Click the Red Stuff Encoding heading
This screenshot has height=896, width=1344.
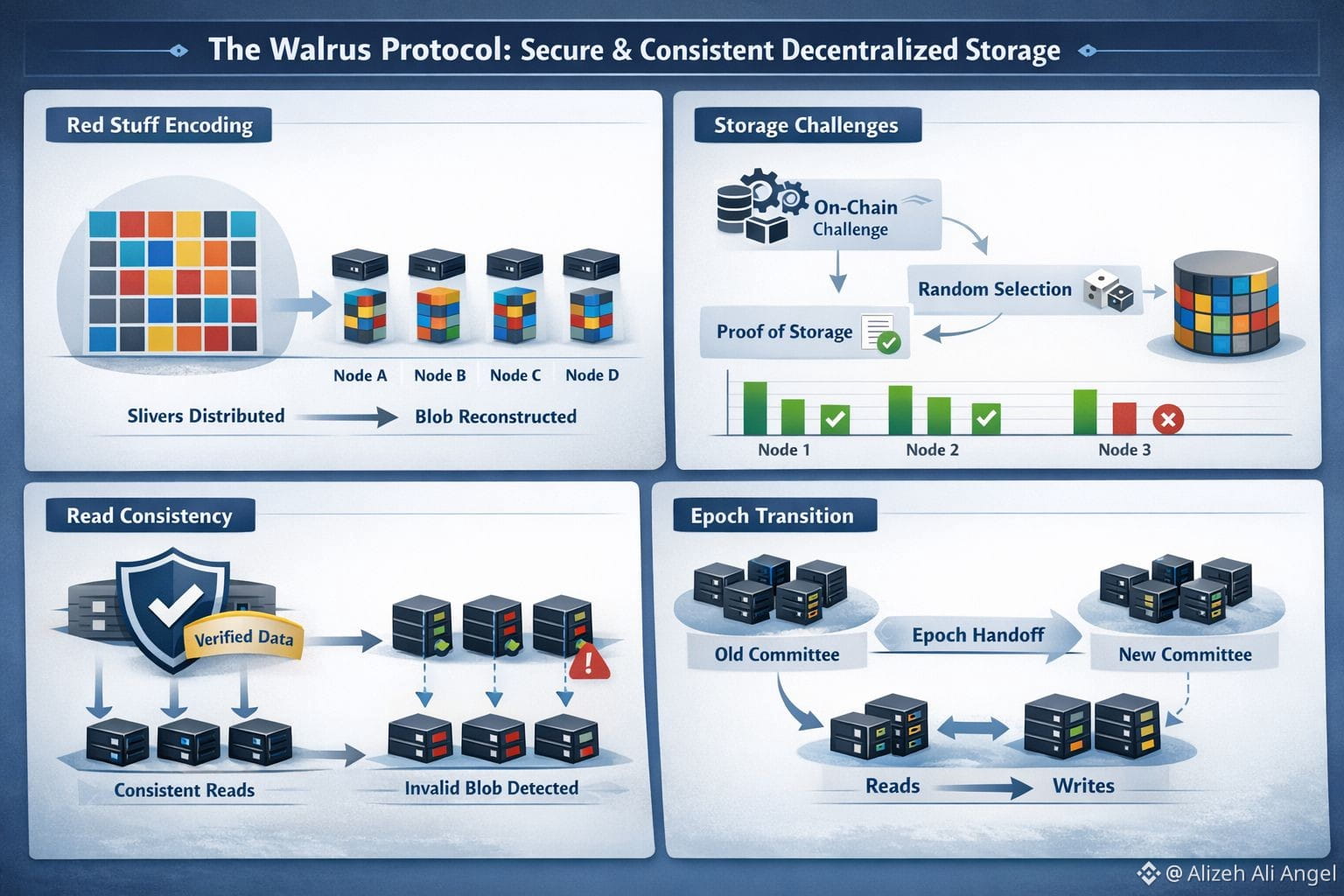tap(159, 125)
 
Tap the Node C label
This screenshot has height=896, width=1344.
tap(515, 375)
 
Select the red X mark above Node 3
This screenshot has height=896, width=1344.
tap(1167, 419)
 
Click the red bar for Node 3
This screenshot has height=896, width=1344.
tap(1123, 417)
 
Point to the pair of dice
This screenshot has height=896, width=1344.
tap(1109, 290)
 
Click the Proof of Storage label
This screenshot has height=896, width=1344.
tap(784, 332)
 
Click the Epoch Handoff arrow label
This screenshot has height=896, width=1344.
tap(978, 635)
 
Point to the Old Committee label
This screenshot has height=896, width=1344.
tap(777, 654)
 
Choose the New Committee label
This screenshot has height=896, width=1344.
tap(1185, 654)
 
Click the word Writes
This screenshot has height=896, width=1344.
tap(1083, 786)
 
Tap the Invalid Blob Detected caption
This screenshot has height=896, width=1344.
tap(492, 788)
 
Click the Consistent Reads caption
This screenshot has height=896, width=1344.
tap(185, 790)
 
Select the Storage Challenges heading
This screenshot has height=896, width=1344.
tap(806, 125)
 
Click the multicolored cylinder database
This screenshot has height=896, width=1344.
tap(1226, 303)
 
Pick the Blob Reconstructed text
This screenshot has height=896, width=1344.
tap(495, 416)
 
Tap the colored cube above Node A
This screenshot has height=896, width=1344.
tap(365, 315)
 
